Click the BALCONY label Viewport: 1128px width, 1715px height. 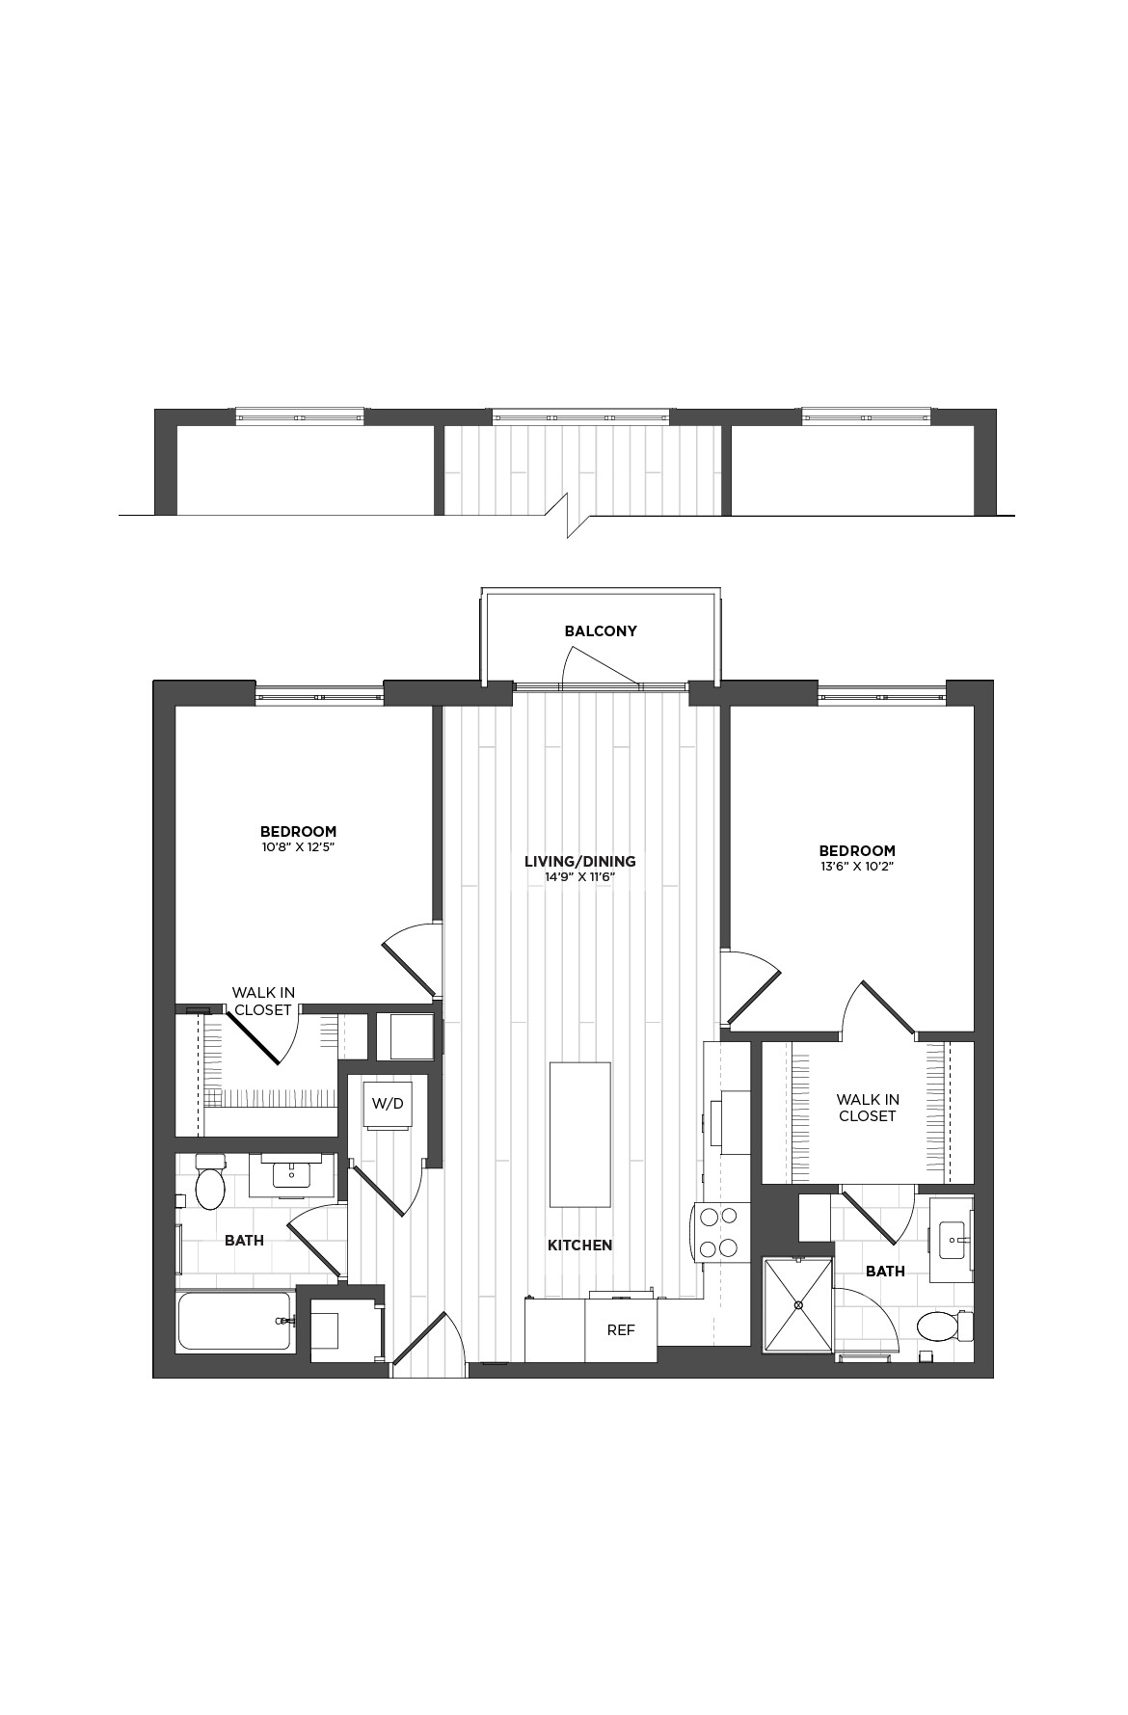click(x=601, y=631)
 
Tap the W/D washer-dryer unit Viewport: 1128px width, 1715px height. click(x=388, y=1103)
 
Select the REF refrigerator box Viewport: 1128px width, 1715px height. click(x=621, y=1330)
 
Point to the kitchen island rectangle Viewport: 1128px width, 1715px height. click(x=579, y=1134)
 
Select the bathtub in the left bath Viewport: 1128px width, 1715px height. click(x=235, y=1322)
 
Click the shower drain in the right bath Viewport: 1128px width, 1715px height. click(x=798, y=1304)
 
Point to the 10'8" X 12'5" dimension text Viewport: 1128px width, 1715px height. click(x=298, y=847)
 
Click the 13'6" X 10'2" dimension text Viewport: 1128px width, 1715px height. click(x=857, y=867)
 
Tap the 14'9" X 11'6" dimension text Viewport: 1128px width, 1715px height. click(x=579, y=877)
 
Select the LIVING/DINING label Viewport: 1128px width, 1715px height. click(x=579, y=862)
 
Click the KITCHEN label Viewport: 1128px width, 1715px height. click(x=579, y=1246)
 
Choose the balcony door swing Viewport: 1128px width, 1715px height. click(x=600, y=667)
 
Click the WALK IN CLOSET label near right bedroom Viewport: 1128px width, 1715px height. click(x=867, y=1108)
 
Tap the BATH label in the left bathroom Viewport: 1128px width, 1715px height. click(x=244, y=1241)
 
